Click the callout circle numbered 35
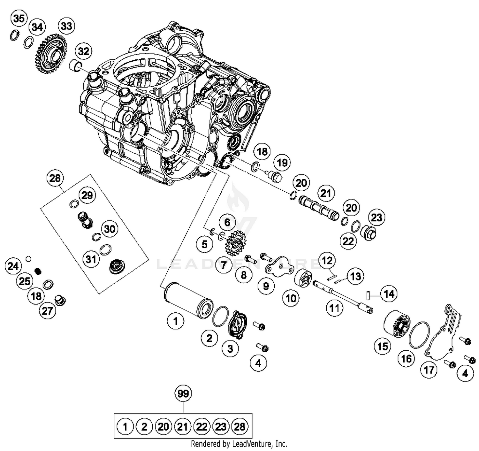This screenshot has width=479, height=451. [x=19, y=19]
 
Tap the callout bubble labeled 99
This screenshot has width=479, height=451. [x=183, y=394]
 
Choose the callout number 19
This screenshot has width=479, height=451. [x=282, y=163]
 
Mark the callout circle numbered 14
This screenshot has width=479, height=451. [x=389, y=294]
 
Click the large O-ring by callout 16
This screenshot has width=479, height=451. [x=419, y=335]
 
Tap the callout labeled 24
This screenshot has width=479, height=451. [x=13, y=266]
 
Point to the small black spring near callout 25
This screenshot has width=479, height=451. [x=39, y=271]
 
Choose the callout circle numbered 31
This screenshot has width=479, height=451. [x=91, y=259]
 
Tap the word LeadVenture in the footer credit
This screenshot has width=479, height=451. [x=252, y=444]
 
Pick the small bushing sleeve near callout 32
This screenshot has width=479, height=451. [x=75, y=65]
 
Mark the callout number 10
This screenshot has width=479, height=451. [x=291, y=298]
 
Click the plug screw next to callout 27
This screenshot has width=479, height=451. [x=60, y=300]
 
